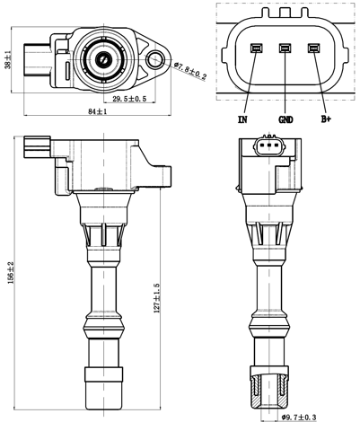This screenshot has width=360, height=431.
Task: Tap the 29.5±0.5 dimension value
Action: pyautogui.click(x=128, y=98)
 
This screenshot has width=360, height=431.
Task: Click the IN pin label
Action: pyautogui.click(x=243, y=118)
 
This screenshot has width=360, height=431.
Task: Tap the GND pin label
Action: pyautogui.click(x=285, y=118)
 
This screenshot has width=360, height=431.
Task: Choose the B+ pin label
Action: pyautogui.click(x=326, y=118)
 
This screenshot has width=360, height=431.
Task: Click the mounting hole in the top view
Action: pyautogui.click(x=156, y=61)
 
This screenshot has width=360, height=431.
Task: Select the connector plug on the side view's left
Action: pyautogui.click(x=37, y=143)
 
